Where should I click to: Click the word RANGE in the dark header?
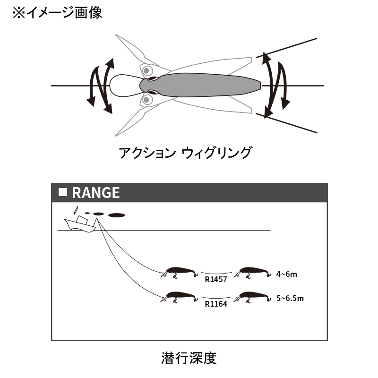tap(96, 193)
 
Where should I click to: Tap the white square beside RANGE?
tap(63, 192)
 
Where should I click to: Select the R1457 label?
tap(216, 279)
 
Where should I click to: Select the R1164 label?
tap(216, 304)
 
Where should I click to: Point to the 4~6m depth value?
tap(286, 275)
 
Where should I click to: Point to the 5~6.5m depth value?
tap(290, 299)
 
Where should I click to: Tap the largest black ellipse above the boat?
tap(117, 215)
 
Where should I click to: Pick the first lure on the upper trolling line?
tap(179, 273)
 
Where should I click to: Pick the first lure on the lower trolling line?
tap(179, 297)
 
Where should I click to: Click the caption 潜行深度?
tap(189, 358)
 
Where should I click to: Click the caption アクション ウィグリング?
tap(185, 153)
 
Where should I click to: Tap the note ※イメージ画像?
tap(57, 13)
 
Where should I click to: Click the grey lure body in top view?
tap(200, 85)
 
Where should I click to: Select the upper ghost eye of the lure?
tap(146, 71)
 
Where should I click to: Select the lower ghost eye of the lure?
tap(146, 99)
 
